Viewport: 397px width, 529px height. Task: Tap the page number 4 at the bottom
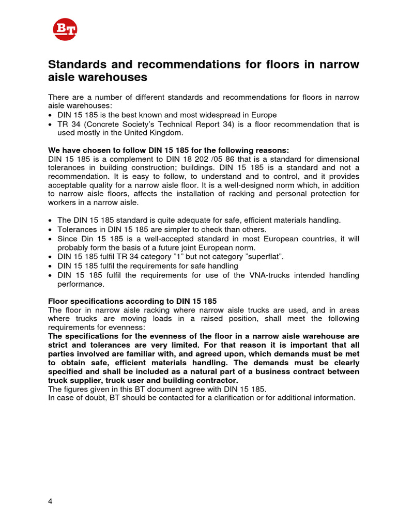coord(50,501)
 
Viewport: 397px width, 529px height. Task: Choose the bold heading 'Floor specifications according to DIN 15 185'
coord(132,301)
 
